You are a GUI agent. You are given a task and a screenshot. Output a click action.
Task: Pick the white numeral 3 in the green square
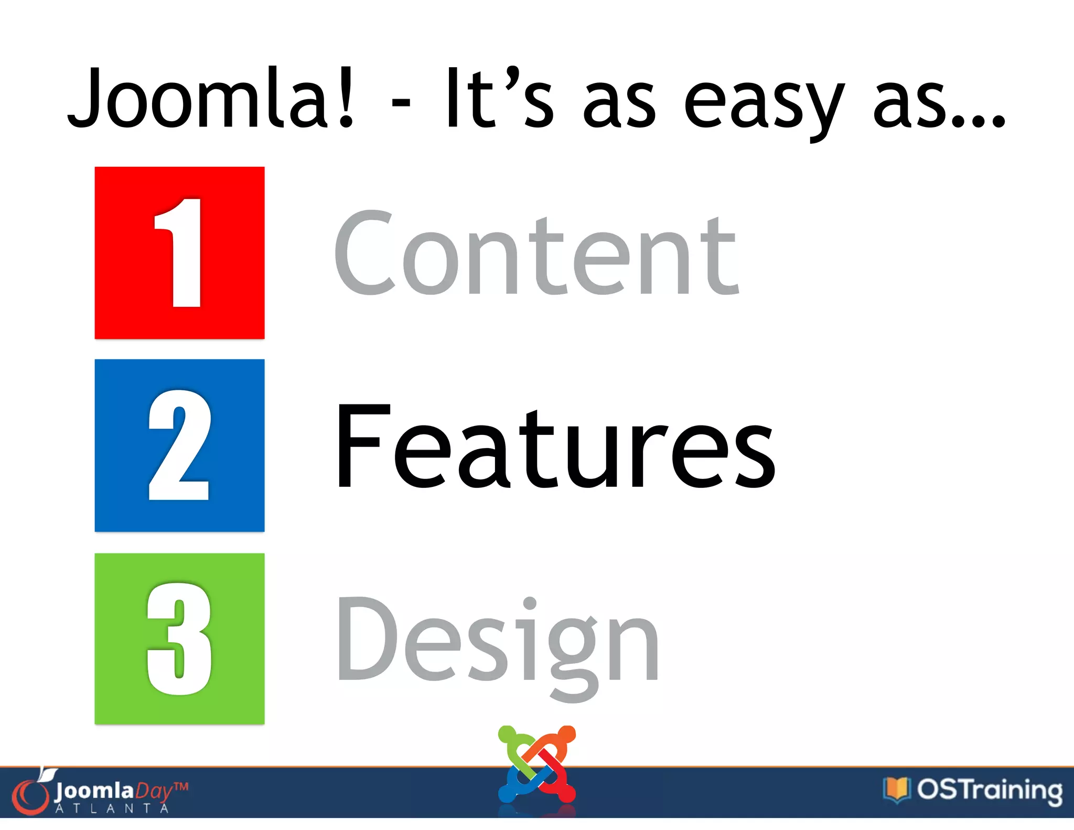[x=180, y=639]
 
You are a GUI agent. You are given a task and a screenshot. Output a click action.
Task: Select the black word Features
[x=555, y=447]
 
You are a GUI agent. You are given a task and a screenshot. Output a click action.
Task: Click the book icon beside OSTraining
[x=896, y=789]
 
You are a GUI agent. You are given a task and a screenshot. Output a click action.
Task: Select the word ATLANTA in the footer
[x=112, y=808]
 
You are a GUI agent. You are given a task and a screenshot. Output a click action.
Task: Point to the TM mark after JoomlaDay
[x=180, y=787]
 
